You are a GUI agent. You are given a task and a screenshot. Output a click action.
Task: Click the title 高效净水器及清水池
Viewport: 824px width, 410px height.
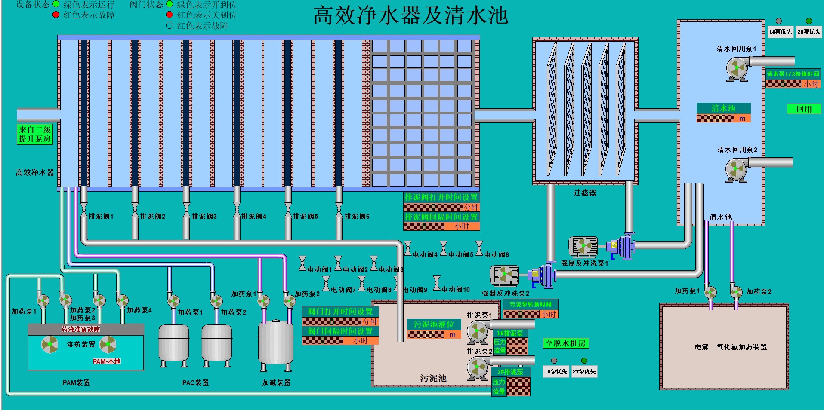coord(410,16)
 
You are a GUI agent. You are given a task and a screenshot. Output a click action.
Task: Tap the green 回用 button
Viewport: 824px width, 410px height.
coord(804,109)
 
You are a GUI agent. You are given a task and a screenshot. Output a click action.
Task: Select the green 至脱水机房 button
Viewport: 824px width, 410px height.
coord(565,343)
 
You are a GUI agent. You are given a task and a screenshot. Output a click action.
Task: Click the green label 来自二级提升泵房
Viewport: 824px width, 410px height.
coord(35,134)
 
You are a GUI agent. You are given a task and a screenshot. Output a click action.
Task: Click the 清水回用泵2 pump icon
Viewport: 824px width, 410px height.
coord(736,170)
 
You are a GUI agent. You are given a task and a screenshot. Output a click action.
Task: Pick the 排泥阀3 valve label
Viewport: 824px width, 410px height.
coord(204,217)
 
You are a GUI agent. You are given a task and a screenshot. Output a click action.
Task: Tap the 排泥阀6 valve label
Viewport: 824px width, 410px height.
coord(357,217)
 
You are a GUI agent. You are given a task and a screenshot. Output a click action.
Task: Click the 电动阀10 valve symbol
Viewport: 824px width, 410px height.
coord(437,283)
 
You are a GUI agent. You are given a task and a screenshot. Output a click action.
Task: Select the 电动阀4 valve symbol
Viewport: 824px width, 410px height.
coord(408,248)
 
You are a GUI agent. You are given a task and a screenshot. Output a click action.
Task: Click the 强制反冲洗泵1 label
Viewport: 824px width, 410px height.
coord(584,263)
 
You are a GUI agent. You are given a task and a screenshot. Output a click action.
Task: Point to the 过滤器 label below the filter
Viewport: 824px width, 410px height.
coord(585,193)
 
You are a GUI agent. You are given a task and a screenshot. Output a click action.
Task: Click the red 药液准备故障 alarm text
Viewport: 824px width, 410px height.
coord(80,329)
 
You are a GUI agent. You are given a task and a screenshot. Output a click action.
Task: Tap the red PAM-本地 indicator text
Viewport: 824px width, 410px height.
coord(107,361)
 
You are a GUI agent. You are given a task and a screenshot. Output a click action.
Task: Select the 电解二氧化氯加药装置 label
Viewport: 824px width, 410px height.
coord(731,347)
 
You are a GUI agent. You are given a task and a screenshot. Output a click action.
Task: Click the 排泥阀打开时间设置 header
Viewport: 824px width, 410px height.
coord(441,197)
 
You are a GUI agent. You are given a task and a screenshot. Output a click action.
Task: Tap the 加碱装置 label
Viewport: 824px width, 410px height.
coord(276,382)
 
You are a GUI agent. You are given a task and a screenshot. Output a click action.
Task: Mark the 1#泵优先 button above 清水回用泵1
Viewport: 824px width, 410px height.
coord(781,32)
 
